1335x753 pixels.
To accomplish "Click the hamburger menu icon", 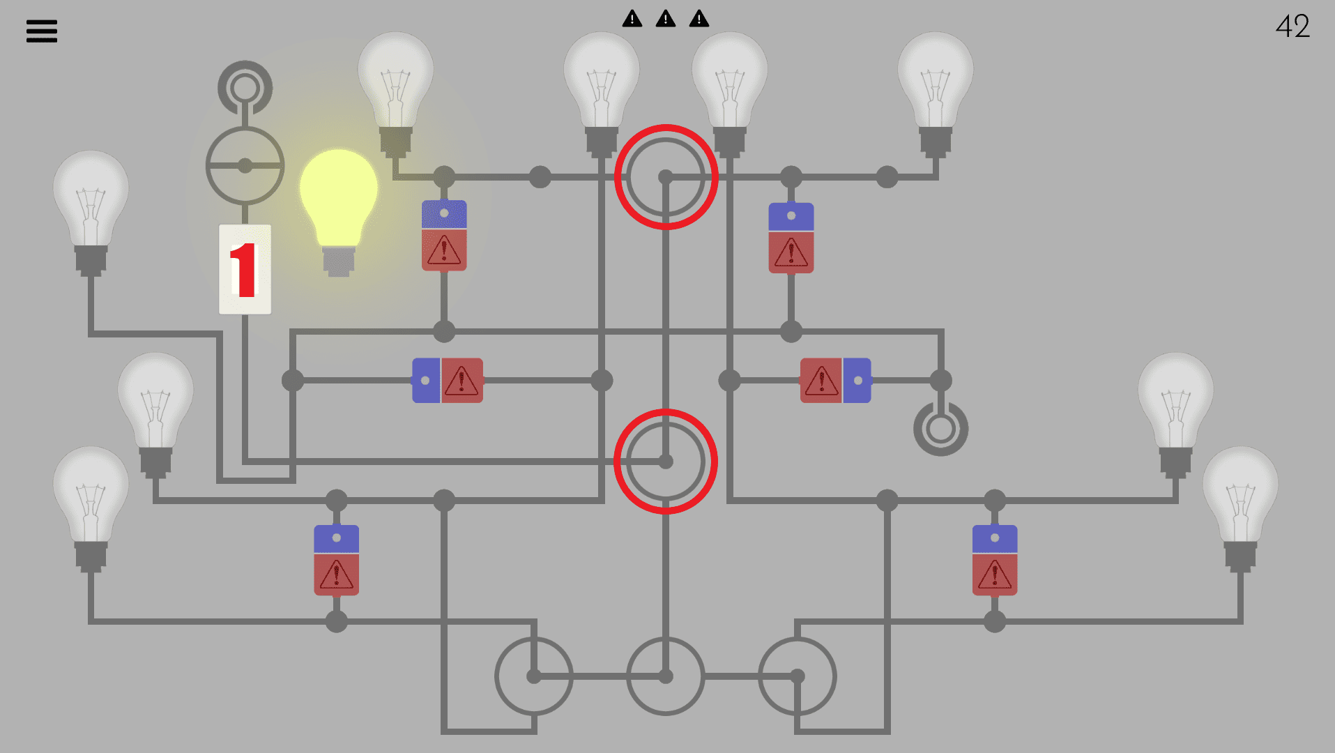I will pos(42,31).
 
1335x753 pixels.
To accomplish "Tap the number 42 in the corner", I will pos(1292,26).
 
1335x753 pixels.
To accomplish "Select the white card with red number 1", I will pos(245,269).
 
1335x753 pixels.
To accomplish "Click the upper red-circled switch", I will pos(666,177).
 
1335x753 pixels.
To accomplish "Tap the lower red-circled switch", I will pos(666,462).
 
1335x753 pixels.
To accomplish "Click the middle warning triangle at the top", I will pos(666,19).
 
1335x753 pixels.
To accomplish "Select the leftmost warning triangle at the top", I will pos(632,19).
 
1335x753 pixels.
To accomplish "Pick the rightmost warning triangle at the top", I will pos(699,19).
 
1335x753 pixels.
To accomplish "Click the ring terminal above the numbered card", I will pos(245,88).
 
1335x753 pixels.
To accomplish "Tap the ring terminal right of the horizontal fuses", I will pos(940,429).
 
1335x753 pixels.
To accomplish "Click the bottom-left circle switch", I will pos(534,676).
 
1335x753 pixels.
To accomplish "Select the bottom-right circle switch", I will pos(797,676).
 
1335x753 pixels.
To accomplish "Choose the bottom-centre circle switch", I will pos(666,676).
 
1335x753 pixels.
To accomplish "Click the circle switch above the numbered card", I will pos(245,166).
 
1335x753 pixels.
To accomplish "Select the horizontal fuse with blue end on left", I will pos(448,381).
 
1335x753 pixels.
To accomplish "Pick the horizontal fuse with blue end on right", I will pos(835,381).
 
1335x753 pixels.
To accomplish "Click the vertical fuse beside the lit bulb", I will pos(444,236).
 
